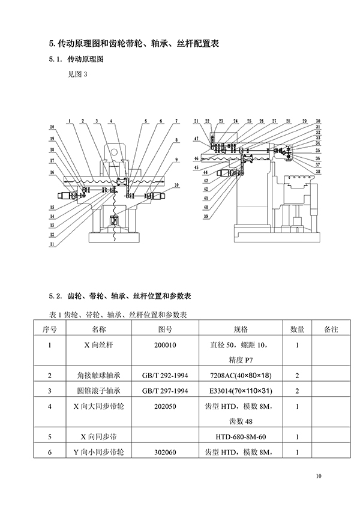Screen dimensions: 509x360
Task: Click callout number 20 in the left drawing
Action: (52, 127)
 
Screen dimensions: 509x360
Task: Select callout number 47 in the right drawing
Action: (196, 139)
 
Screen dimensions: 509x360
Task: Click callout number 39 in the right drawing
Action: (205, 217)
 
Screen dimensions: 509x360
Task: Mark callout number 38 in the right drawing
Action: (318, 171)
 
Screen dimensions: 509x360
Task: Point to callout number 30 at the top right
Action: (318, 121)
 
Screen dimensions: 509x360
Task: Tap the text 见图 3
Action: (77, 75)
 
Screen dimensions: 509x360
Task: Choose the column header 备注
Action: (331, 329)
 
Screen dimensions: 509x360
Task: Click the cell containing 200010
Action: (166, 345)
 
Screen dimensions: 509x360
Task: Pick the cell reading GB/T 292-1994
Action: (166, 376)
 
